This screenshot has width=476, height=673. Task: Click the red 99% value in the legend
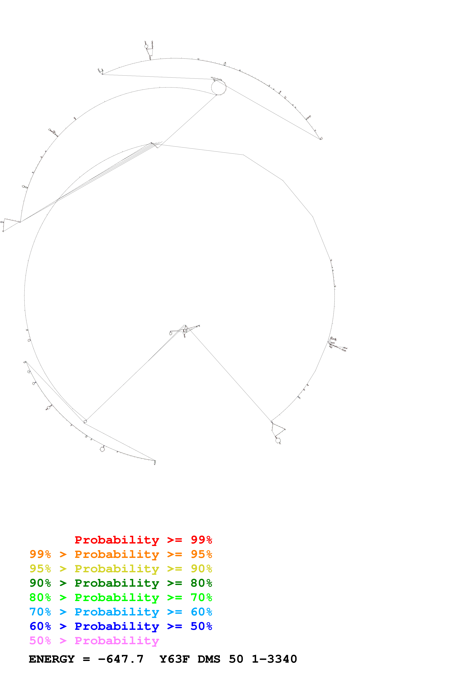201,540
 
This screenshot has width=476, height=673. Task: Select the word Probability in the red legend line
117,540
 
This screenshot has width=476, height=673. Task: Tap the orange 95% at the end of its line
201,554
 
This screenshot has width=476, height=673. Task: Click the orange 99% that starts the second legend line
40,554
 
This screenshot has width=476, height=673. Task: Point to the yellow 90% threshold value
201,569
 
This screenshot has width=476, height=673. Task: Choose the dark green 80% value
201,583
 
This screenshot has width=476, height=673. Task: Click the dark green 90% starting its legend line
40,583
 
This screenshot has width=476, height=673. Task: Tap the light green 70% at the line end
201,597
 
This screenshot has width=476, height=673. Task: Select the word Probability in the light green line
117,598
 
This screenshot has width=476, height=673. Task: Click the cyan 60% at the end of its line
201,612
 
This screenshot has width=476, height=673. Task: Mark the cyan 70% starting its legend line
40,612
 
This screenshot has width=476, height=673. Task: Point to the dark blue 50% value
201,626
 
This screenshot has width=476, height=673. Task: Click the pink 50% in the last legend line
40,640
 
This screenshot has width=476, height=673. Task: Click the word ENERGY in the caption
52,659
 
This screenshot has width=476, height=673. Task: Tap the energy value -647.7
121,659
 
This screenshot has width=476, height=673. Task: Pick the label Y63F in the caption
175,659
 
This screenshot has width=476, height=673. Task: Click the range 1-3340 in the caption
274,659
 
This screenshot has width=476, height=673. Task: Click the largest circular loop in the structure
219,87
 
